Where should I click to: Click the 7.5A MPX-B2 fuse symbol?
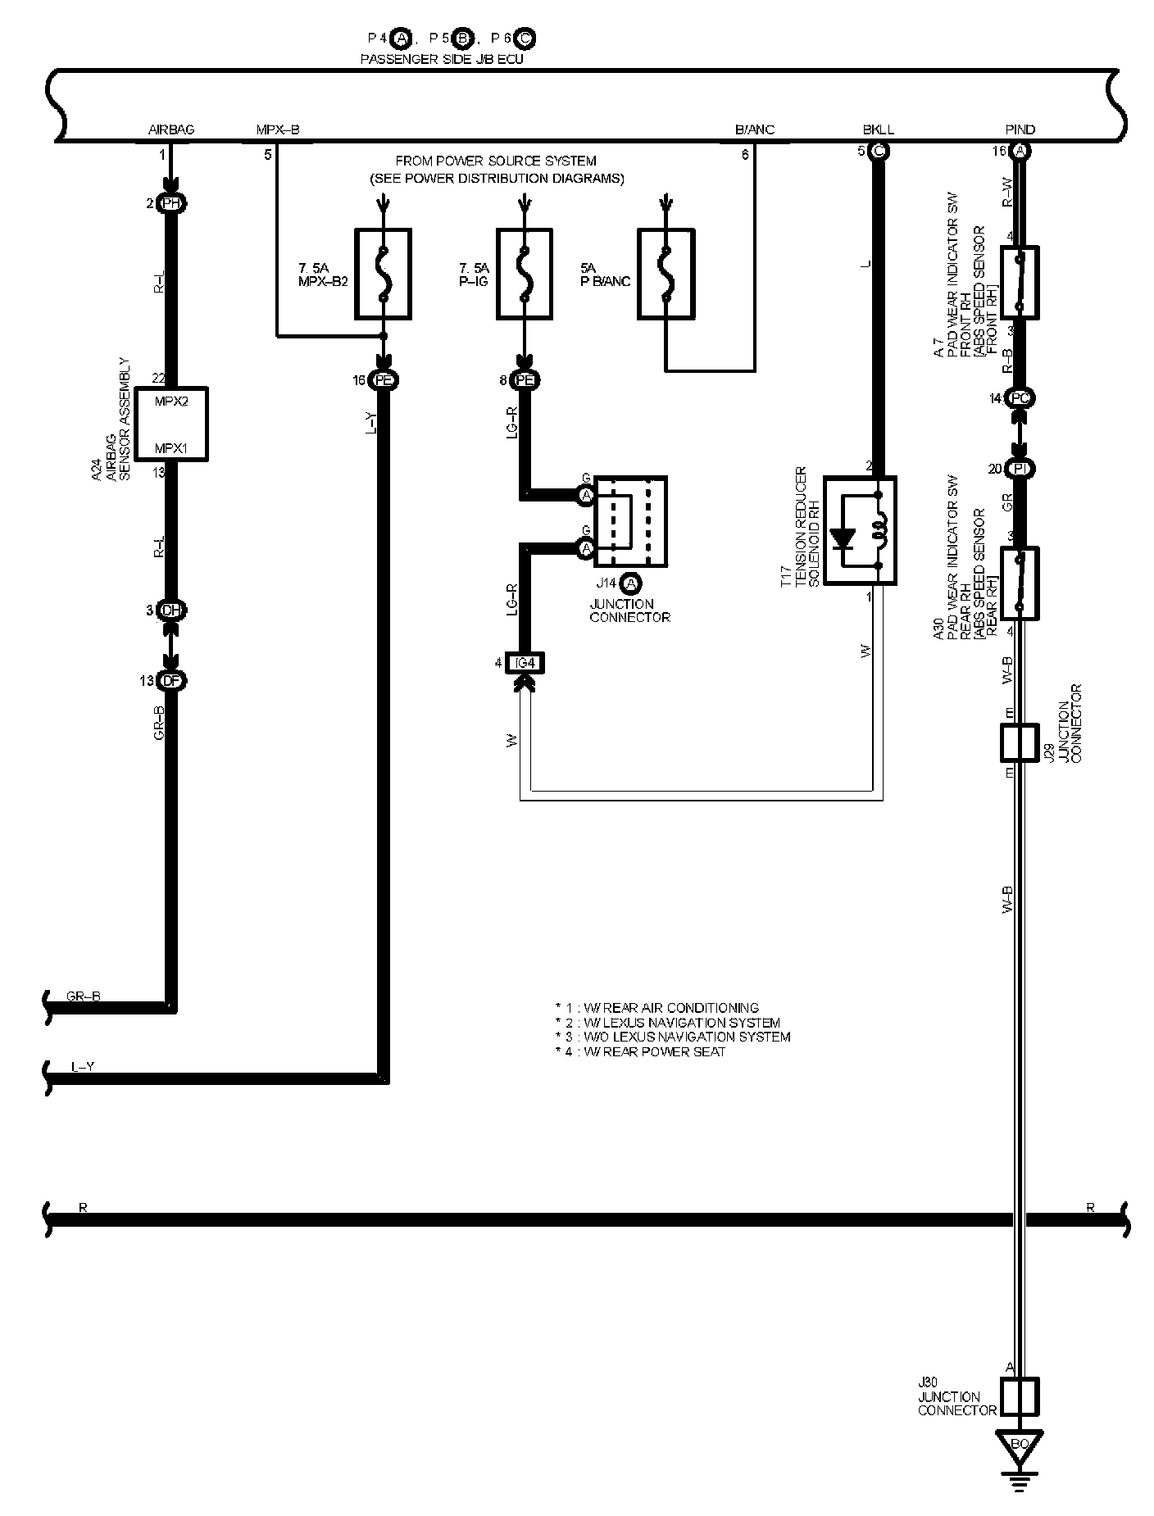pyautogui.click(x=383, y=274)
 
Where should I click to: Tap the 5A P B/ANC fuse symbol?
pyautogui.click(x=666, y=274)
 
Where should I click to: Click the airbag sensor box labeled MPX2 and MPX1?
pyautogui.click(x=171, y=424)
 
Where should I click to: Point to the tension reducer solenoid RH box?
pyautogui.click(x=859, y=530)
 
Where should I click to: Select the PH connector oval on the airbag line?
pyautogui.click(x=170, y=204)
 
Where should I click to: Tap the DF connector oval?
pyautogui.click(x=170, y=680)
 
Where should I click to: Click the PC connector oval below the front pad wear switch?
pyautogui.click(x=1020, y=399)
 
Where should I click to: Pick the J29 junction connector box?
pyautogui.click(x=1020, y=742)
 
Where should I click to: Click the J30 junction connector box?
pyautogui.click(x=1020, y=1396)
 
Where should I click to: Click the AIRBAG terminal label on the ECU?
pyautogui.click(x=171, y=129)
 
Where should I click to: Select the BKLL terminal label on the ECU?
pyautogui.click(x=878, y=129)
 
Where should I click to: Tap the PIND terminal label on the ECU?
pyautogui.click(x=1020, y=129)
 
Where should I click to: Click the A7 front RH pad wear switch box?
pyautogui.click(x=1020, y=281)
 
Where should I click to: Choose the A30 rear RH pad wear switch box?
pyautogui.click(x=1020, y=583)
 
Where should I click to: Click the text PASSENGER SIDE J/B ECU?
pyautogui.click(x=442, y=60)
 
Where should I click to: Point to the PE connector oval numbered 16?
pyautogui.click(x=383, y=380)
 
